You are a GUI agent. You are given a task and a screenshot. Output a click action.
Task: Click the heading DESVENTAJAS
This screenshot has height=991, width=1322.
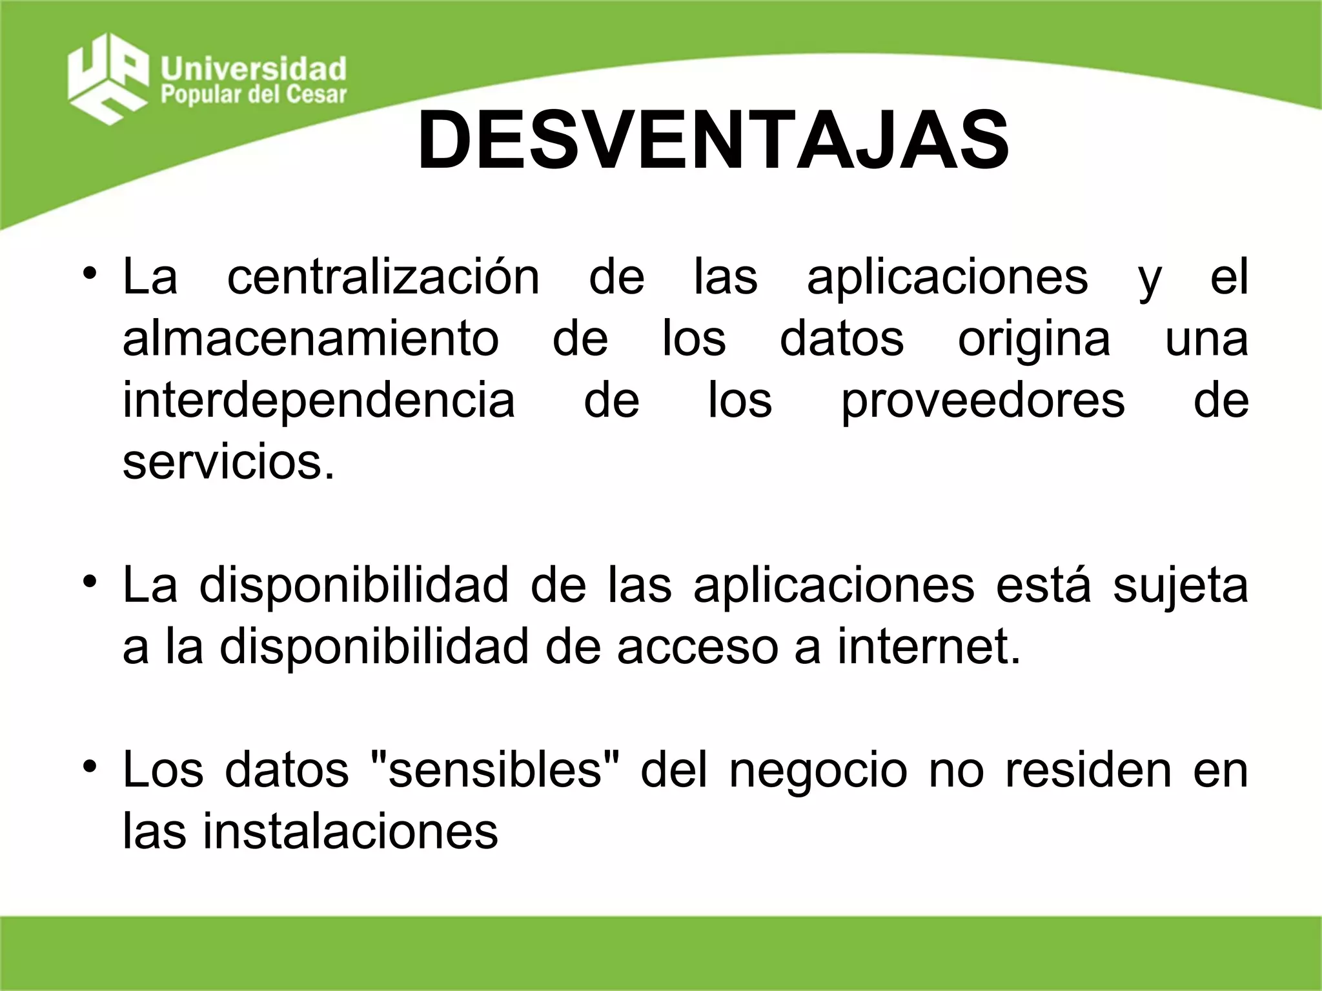coord(713,141)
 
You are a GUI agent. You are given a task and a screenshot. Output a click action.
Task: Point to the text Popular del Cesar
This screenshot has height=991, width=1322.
coord(254,95)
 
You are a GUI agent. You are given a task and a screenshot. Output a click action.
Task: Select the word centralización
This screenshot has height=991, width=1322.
coord(383,277)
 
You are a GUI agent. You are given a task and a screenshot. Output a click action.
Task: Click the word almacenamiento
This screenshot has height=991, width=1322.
coord(310,339)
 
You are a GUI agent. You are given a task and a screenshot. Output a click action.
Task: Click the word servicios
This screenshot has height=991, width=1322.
coord(229,462)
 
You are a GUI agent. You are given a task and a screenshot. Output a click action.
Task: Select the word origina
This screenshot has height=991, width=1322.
coord(1034,339)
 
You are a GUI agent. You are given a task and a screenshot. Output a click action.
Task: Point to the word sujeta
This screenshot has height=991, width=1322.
coord(1180,586)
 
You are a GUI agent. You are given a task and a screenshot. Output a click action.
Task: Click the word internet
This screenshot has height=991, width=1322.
coord(929,648)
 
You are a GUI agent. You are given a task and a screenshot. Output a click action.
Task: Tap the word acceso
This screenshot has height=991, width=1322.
coord(697,648)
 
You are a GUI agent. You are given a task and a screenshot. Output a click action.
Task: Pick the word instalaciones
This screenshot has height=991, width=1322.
coord(351,832)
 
